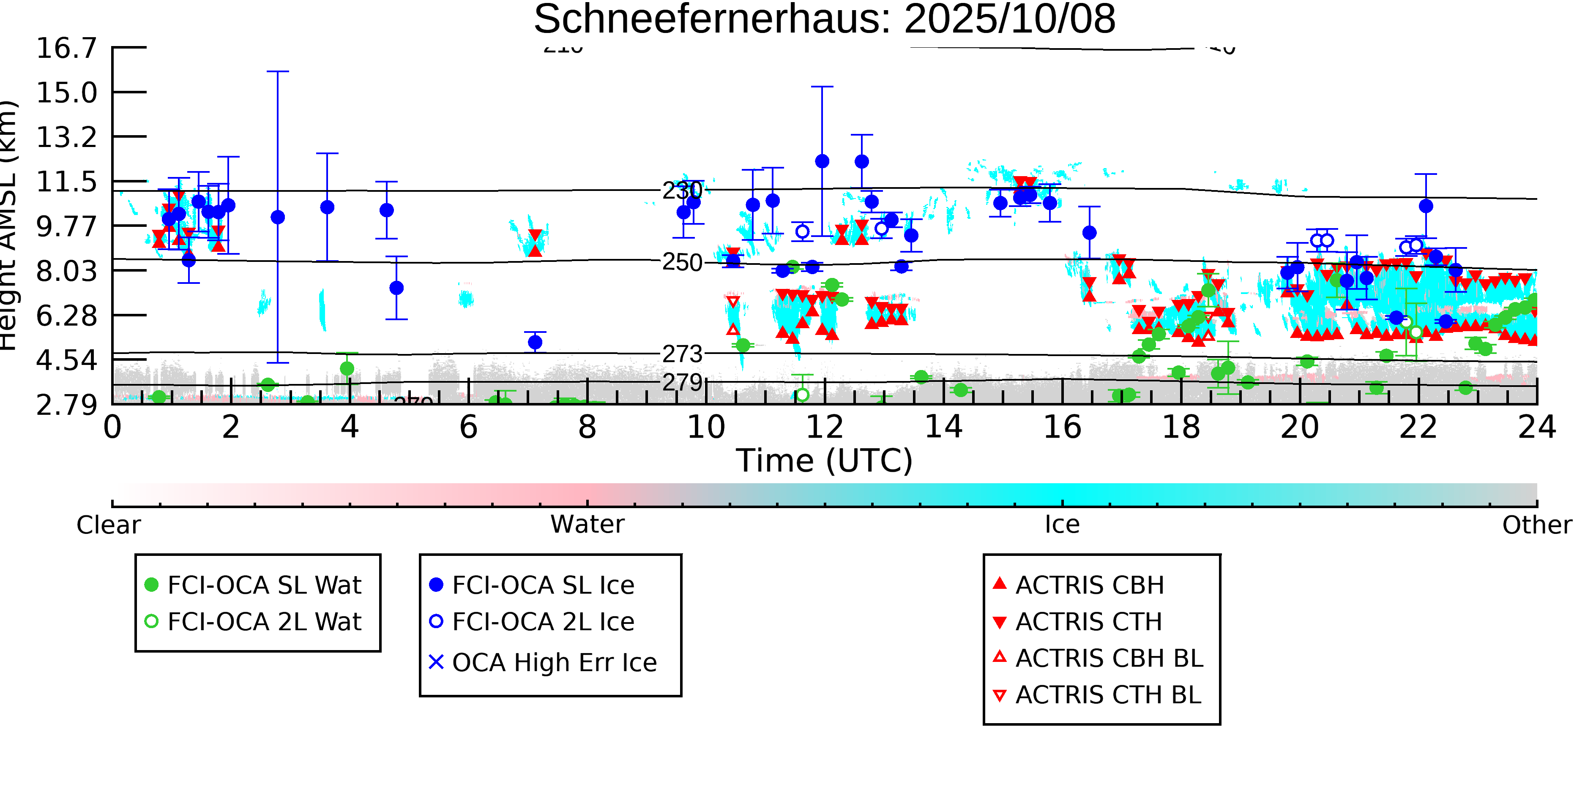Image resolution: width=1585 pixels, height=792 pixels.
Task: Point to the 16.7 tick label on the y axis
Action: [x=66, y=48]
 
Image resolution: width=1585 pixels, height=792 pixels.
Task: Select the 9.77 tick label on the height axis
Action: [x=66, y=226]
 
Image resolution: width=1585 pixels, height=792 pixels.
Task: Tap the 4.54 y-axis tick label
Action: [x=66, y=360]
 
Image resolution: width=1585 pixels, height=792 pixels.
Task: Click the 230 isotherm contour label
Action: [x=682, y=191]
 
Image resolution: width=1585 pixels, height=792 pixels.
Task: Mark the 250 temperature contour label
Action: [x=682, y=263]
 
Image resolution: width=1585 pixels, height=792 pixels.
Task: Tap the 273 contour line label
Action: [x=682, y=354]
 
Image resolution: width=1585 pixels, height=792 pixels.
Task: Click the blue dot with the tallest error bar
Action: [x=278, y=217]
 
